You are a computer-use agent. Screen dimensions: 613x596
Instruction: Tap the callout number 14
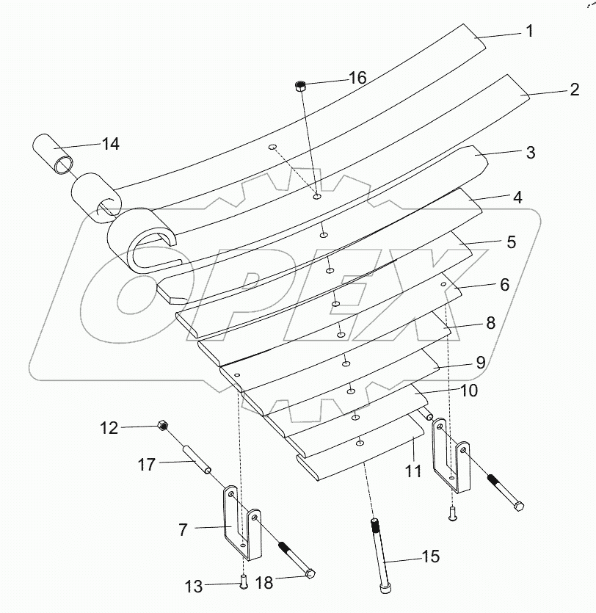coord(110,144)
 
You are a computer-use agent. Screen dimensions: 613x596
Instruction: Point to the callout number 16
coord(357,78)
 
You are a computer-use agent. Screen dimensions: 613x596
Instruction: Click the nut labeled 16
coord(300,86)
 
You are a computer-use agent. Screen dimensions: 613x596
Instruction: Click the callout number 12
coord(109,427)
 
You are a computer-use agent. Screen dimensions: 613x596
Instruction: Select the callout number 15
coord(431,556)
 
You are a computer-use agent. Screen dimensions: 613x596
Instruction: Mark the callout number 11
coord(413,471)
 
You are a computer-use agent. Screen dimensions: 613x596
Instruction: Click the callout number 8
coord(490,322)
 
